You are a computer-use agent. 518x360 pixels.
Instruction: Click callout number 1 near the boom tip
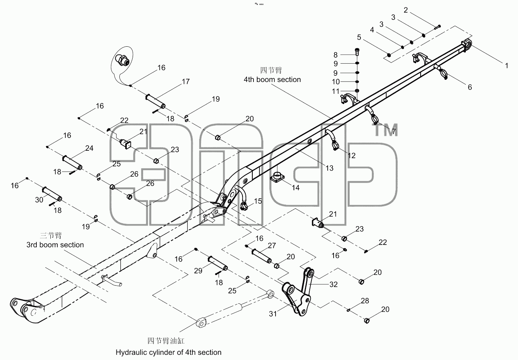tap(507, 66)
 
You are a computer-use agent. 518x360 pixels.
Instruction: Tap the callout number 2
tap(406, 10)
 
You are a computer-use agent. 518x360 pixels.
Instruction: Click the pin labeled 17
tap(155, 101)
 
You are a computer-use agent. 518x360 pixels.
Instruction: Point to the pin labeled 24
tap(72, 163)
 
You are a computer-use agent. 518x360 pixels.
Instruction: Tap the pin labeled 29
tap(218, 263)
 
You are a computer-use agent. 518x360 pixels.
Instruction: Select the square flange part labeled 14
tap(277, 177)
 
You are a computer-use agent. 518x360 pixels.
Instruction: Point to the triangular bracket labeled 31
tap(296, 299)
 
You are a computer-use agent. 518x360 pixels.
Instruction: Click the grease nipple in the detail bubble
tap(122, 60)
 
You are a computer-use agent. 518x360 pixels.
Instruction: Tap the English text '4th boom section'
tap(272, 80)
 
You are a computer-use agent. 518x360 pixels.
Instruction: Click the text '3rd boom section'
tap(55, 245)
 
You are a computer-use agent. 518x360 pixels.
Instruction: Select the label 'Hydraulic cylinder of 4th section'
tap(169, 352)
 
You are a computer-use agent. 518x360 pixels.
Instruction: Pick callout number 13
tap(329, 168)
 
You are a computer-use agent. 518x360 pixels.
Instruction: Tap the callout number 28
tap(365, 301)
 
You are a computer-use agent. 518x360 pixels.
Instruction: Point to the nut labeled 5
tap(389, 55)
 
